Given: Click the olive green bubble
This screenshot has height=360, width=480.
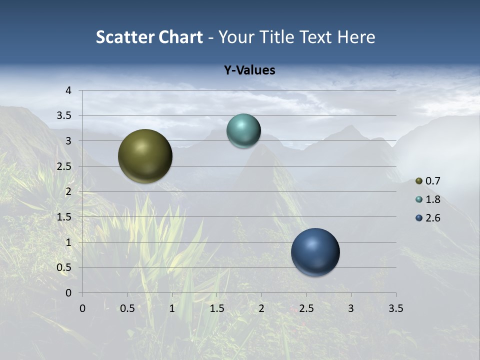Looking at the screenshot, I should pos(145,156).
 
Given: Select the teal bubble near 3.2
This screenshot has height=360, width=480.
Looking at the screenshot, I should pos(243,130).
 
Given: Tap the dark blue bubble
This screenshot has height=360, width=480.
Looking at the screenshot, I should pos(315,252).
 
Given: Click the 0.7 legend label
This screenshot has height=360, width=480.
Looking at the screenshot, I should pos(433,181).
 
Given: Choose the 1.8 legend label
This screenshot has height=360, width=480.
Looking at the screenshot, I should pos(433,199).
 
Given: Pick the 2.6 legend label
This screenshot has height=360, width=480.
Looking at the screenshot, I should pos(433,218).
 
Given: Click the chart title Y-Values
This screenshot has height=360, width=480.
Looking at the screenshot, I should pos(249,70).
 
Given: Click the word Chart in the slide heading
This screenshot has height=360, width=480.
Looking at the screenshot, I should pos(181,37).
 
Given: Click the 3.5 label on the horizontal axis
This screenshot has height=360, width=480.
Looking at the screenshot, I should pos(395,308).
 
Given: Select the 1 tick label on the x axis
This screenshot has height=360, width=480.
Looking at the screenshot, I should pos(172,308).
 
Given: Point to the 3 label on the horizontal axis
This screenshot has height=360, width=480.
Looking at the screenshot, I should pos(351,308).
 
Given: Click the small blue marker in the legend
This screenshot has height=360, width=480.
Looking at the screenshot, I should pos(419,218).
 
